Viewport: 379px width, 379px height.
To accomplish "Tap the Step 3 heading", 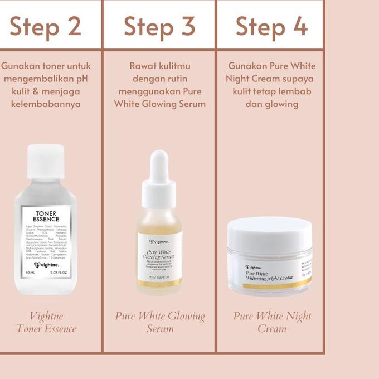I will [x=159, y=26].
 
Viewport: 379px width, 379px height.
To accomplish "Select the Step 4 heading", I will [x=271, y=26].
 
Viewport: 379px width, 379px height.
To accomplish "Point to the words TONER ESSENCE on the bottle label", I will [x=47, y=216].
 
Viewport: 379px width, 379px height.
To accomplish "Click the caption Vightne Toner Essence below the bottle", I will [x=46, y=322].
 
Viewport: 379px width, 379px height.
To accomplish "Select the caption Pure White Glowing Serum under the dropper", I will [x=159, y=322].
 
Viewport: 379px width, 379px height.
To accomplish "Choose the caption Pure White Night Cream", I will [x=272, y=322].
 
